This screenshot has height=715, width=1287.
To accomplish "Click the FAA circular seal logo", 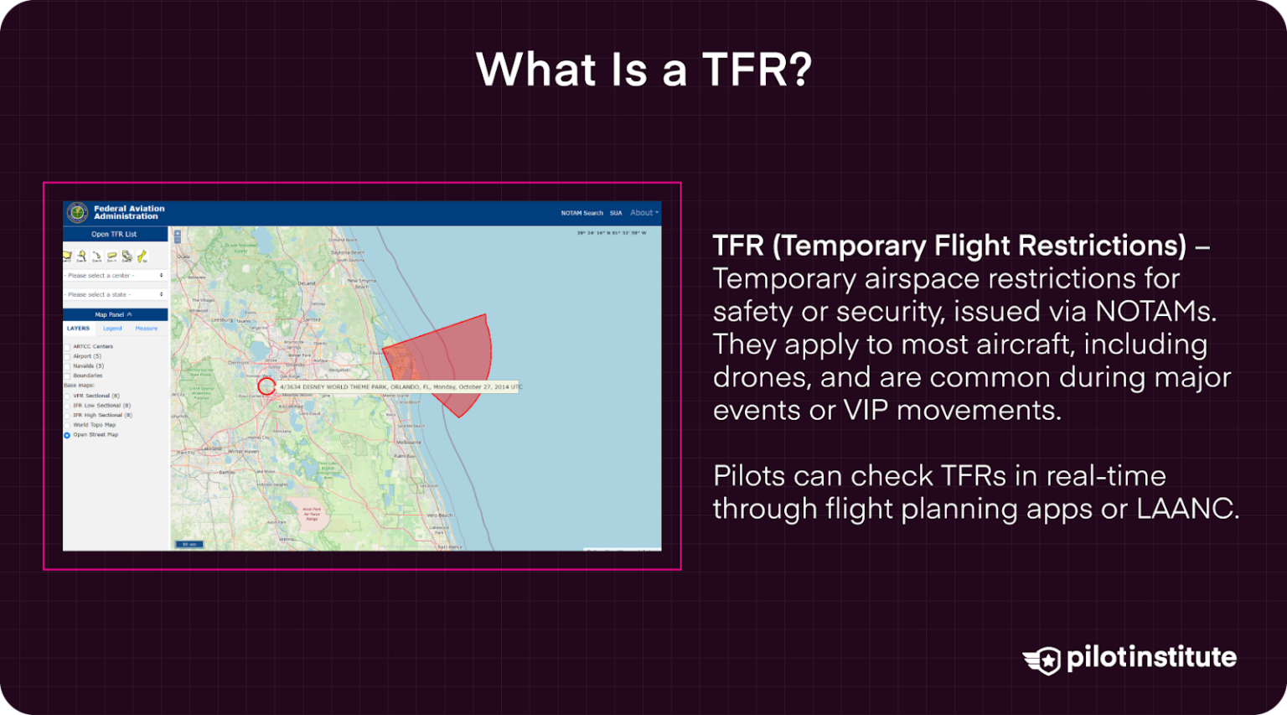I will tap(77, 213).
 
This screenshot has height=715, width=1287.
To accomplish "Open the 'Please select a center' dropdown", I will tap(115, 276).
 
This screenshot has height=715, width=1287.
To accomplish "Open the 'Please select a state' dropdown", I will tap(115, 295).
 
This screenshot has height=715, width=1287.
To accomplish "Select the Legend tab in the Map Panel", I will tap(112, 329).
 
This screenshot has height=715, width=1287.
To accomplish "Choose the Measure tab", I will tap(147, 329).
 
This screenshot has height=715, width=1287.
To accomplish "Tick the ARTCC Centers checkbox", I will tap(68, 347).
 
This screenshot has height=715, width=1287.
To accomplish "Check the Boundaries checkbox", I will tap(68, 376).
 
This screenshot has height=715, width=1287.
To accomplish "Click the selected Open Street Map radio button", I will tap(68, 436).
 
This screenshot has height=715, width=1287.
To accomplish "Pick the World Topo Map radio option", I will tap(68, 426).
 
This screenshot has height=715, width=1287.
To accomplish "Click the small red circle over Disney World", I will tap(266, 386).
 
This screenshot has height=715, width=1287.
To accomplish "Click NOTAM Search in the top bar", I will tap(581, 214).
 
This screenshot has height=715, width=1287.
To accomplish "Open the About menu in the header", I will tap(643, 214).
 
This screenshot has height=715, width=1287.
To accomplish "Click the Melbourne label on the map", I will tap(409, 443).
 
